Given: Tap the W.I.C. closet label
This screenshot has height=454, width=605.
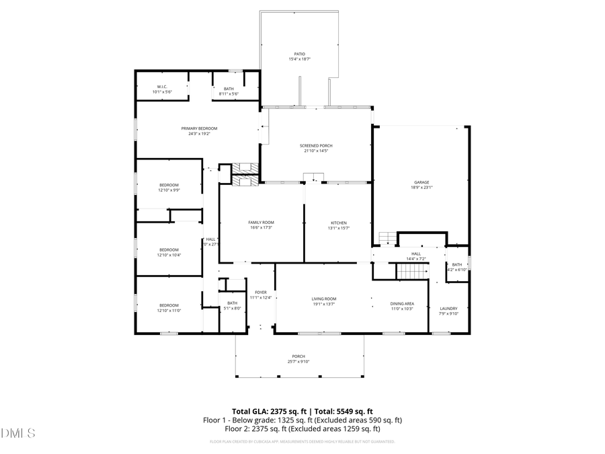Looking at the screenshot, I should [x=162, y=87].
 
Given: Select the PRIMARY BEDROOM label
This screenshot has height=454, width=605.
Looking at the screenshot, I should [x=199, y=128].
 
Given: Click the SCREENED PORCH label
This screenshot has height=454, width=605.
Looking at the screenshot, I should [x=316, y=145].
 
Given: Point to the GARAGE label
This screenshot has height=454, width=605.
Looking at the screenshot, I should [x=421, y=182].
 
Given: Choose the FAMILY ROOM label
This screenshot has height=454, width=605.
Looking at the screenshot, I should [x=261, y=223].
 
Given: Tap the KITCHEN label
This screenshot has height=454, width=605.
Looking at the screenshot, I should [x=338, y=223].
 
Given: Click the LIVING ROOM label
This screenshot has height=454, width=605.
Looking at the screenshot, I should [x=323, y=299].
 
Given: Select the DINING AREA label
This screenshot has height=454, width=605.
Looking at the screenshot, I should [x=402, y=303].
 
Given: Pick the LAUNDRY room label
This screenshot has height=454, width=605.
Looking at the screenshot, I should [x=448, y=308].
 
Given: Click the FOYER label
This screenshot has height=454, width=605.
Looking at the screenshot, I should [x=260, y=292].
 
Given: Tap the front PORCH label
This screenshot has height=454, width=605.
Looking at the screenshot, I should [x=298, y=356].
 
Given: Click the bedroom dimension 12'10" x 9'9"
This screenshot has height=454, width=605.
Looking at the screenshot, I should [x=169, y=190].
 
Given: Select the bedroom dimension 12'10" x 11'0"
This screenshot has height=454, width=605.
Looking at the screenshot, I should [x=169, y=310].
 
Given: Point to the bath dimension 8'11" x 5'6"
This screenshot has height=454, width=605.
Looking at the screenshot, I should [x=229, y=93].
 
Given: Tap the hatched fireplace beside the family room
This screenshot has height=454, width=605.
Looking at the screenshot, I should [x=245, y=173].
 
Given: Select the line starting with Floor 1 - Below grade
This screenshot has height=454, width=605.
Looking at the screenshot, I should [x=302, y=420].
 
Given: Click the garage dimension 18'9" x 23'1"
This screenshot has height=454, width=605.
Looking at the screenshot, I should [x=421, y=188].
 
